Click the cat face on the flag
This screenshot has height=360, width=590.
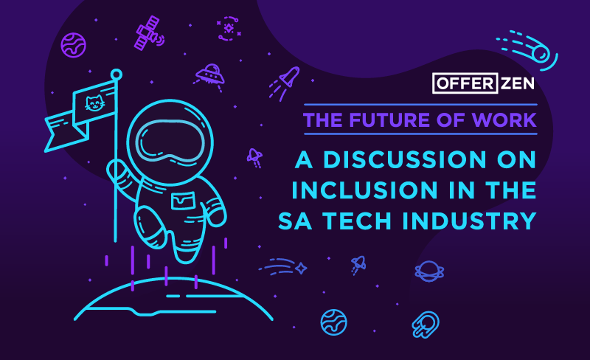coord(94,103)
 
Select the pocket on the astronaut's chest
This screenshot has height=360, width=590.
coord(181,201)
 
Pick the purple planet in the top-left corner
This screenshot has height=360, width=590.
coord(72,44)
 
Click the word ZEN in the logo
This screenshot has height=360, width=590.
coord(513,84)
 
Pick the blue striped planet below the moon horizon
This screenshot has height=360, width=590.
coord(333,322)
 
